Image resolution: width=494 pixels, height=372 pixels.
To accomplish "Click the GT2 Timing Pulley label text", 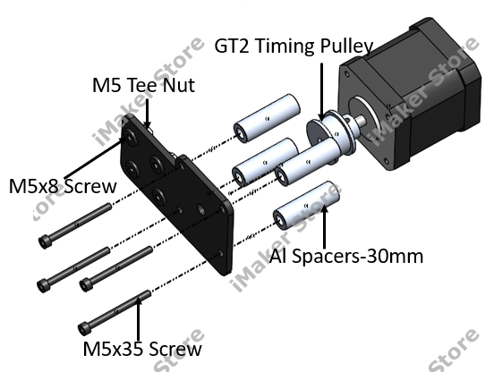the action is (x=294, y=46).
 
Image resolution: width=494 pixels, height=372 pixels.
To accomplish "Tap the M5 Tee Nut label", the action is (x=144, y=85).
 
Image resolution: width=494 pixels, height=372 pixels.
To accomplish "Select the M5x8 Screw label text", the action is (x=63, y=186).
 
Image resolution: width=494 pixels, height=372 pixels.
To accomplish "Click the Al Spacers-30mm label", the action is (x=346, y=256).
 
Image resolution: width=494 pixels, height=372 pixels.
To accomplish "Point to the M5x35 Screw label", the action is (x=142, y=349).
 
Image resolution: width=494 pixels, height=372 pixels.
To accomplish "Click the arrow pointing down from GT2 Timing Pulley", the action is (x=321, y=91).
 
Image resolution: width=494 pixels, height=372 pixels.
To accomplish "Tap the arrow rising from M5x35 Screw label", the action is (x=139, y=318).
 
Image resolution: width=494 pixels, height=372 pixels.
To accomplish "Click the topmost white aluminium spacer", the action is (x=267, y=118).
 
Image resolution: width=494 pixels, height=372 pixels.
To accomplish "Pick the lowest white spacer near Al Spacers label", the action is (x=306, y=206).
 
